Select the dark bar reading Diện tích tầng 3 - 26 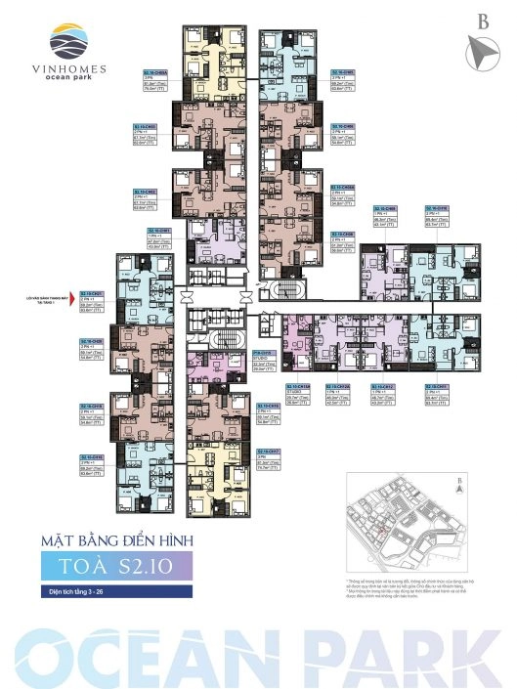point(98,592)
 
